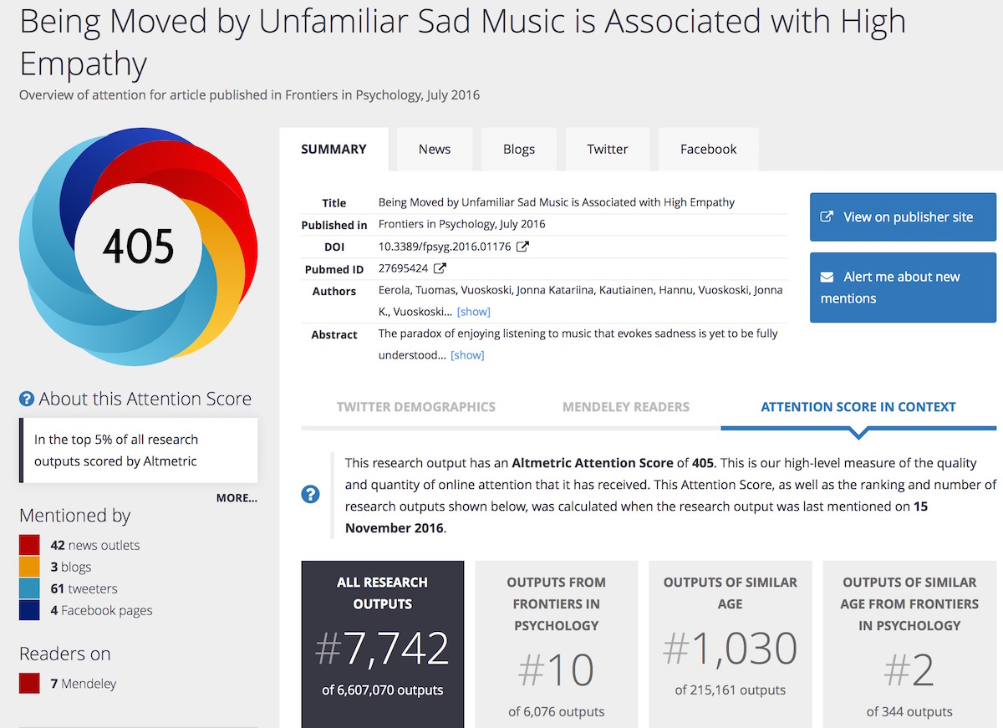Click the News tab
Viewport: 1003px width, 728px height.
pos(435,150)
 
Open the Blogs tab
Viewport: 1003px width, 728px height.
pos(519,150)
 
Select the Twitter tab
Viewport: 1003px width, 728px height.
pos(608,150)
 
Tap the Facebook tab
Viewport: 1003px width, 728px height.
pos(709,150)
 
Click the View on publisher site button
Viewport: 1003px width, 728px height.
pos(903,217)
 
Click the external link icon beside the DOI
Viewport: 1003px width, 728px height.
pos(523,247)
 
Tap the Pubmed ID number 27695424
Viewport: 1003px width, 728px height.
pos(403,269)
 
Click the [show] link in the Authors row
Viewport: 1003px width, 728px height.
pos(474,312)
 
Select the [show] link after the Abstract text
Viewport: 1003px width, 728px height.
pos(467,355)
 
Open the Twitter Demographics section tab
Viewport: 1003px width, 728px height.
pos(416,407)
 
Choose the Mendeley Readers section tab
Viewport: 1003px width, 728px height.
pos(626,407)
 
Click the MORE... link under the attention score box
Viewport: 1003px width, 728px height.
pos(237,498)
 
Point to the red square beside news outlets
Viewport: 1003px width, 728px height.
pos(29,545)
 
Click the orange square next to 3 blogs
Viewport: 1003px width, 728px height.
pos(29,567)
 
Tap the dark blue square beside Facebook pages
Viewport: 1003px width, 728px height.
pos(29,610)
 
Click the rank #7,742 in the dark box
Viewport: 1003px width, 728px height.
pos(383,649)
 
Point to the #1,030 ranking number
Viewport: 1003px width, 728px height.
pos(730,649)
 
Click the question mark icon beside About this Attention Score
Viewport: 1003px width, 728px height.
pos(27,400)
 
